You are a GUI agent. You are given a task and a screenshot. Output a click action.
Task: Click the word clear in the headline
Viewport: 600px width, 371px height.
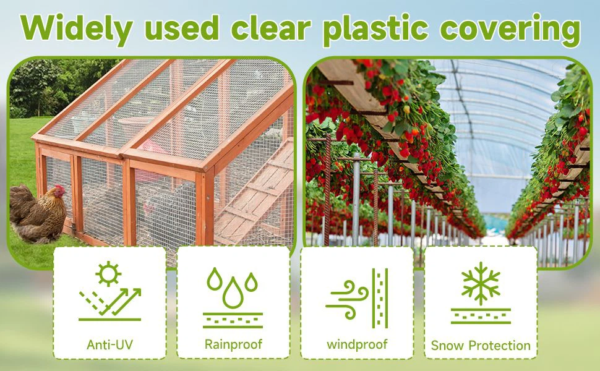tap(270, 27)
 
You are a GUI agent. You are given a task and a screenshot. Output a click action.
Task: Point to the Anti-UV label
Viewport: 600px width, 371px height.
tap(110, 344)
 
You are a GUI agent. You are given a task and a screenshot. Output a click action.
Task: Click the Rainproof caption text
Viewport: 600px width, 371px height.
tap(233, 344)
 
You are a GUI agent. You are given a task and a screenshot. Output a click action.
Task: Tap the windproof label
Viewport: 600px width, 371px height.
tap(357, 344)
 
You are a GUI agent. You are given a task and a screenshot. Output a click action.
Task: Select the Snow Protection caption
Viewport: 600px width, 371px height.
tap(481, 346)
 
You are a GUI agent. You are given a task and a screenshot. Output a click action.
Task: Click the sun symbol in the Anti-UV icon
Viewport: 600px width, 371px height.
tap(108, 273)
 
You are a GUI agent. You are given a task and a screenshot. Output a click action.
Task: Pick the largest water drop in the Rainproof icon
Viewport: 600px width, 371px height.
tap(233, 293)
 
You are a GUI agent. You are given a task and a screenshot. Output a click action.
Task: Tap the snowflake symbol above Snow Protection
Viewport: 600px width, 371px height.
tap(481, 283)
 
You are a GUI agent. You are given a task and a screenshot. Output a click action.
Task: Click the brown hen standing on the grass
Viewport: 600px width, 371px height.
tap(38, 214)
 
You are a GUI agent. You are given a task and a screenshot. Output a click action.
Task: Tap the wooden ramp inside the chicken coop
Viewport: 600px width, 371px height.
tap(254, 191)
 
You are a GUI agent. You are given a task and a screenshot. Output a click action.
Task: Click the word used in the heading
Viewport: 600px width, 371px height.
tap(182, 28)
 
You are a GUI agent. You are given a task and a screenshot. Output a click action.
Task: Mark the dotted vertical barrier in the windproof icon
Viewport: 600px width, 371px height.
tap(380, 298)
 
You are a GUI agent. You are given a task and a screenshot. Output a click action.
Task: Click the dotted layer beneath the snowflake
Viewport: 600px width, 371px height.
tap(481, 317)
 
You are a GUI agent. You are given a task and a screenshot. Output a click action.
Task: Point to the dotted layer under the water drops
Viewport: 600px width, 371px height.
tap(233, 320)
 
